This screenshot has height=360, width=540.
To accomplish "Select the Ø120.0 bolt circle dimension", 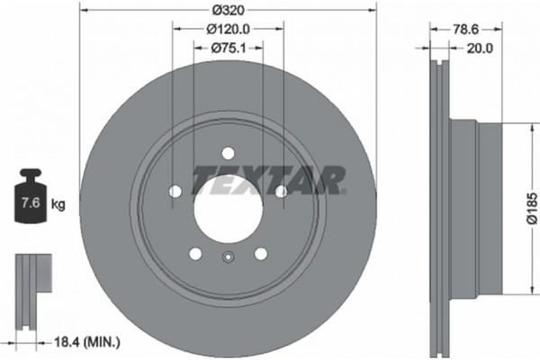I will pos(228,31).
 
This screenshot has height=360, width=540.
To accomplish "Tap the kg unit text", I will pos(58,205).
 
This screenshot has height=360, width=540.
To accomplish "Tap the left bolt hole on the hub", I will pos(175,191).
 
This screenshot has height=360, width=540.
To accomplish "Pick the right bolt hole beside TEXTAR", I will pos(281,191).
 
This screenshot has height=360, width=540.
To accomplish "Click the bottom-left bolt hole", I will pos(195,254).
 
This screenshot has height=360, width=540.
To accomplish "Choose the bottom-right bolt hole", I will pos(261,254).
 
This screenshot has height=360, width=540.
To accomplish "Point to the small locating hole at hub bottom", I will pos(228,261).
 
